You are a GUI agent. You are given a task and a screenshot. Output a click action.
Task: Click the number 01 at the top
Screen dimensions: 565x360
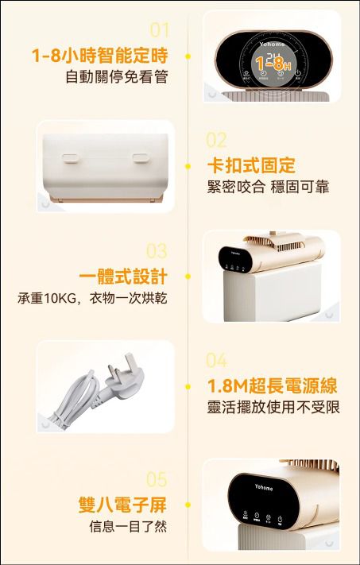[x=160, y=30]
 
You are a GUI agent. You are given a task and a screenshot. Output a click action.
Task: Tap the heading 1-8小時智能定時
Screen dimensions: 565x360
[x=99, y=56]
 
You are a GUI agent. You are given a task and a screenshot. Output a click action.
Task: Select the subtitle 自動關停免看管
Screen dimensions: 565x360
[x=116, y=77]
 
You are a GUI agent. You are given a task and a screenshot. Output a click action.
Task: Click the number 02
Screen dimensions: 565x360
[x=216, y=141]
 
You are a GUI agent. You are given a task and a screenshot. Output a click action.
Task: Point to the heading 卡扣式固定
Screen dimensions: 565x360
[x=250, y=166]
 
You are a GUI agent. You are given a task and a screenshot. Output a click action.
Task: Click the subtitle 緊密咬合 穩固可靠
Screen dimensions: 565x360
[x=267, y=187]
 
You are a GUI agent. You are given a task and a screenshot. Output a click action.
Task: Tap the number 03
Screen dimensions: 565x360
[x=157, y=251]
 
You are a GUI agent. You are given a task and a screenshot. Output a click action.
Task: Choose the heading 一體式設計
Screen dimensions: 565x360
[x=123, y=277]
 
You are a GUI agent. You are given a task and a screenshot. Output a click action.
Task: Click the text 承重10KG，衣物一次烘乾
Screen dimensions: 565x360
[x=92, y=298]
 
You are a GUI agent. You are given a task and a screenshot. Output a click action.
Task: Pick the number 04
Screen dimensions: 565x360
[x=216, y=361]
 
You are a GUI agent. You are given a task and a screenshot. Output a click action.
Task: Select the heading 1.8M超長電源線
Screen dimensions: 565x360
[x=272, y=386]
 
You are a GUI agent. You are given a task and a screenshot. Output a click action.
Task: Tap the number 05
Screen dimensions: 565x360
[x=157, y=479]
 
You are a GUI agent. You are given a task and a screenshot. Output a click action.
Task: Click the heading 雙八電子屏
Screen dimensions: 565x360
[x=123, y=505]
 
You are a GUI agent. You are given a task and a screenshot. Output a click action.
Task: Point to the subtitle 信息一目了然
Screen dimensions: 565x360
[x=127, y=526]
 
